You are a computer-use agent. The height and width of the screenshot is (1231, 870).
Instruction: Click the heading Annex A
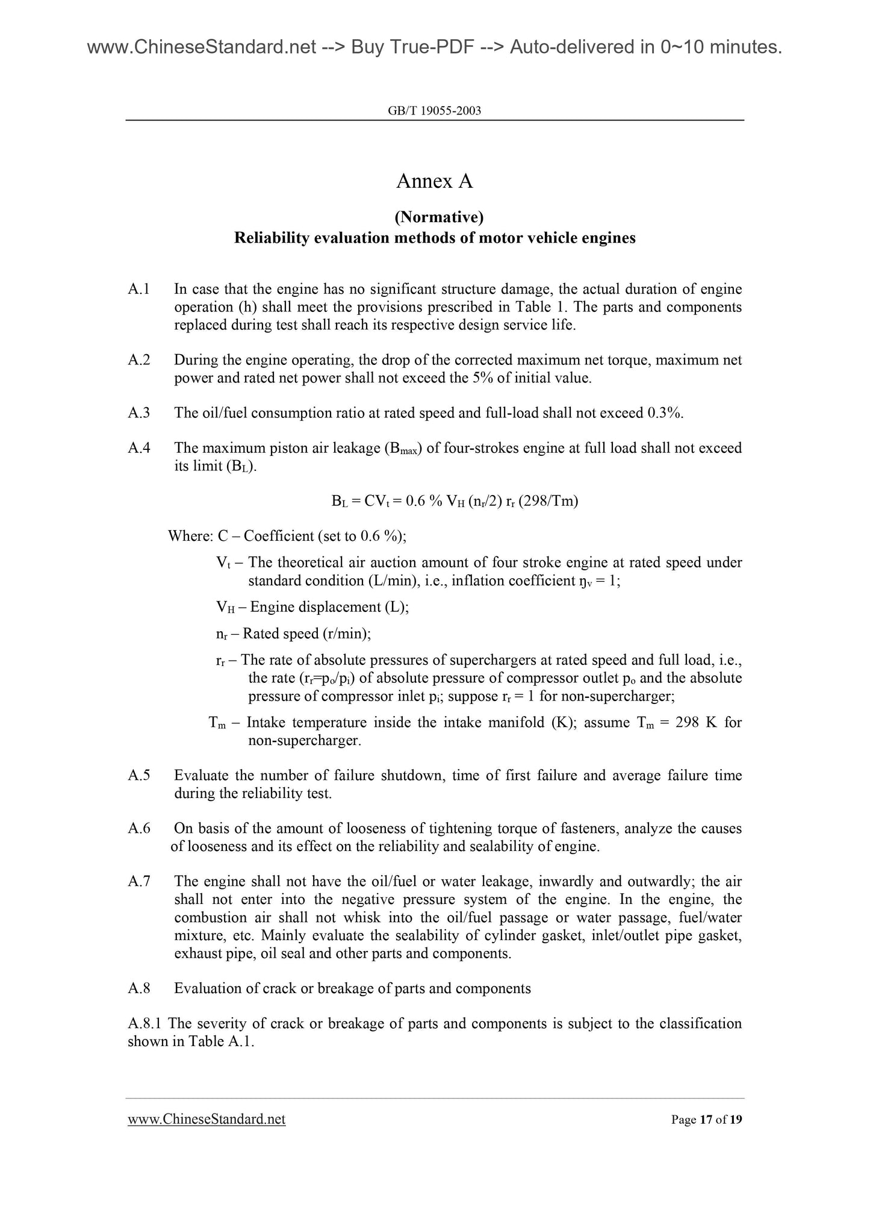tap(435, 181)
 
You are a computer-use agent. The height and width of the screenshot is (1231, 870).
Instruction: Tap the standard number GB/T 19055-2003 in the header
tap(435, 111)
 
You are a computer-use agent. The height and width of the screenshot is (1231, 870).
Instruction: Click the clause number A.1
tap(139, 290)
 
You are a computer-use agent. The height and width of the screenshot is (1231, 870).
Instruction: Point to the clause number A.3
tap(139, 413)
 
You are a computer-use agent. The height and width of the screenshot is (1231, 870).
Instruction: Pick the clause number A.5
tap(139, 775)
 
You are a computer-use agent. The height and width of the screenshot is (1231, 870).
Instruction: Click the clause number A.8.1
tap(146, 1024)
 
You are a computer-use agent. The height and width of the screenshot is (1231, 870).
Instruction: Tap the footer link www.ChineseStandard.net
tap(207, 1119)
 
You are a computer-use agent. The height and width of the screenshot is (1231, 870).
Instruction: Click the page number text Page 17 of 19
tap(707, 1120)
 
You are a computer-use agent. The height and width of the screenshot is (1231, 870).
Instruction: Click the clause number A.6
tap(139, 828)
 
